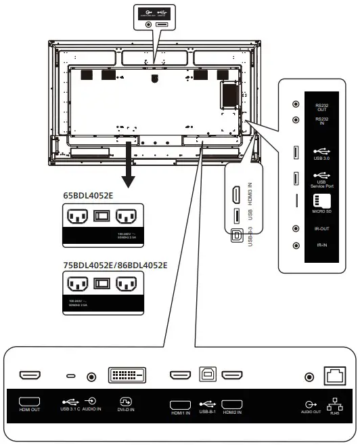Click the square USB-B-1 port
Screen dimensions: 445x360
pyautogui.click(x=207, y=375)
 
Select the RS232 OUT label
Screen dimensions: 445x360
pyautogui.click(x=322, y=107)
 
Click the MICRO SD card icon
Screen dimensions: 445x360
pyautogui.click(x=321, y=201)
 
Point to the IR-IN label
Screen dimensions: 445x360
pyautogui.click(x=322, y=245)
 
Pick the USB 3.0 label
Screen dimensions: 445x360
pyautogui.click(x=322, y=159)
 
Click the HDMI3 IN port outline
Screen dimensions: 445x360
pyautogui.click(x=235, y=195)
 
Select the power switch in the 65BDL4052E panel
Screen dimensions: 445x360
pyautogui.click(x=101, y=215)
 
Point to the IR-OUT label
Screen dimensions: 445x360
pyautogui.click(x=322, y=229)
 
